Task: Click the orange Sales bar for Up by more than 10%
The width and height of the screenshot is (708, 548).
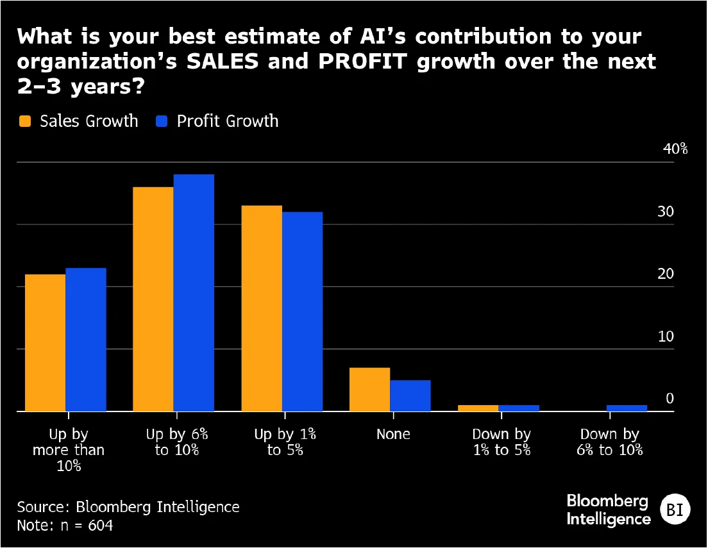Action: (x=45, y=342)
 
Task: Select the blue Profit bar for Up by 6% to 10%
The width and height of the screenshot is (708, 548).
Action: (x=194, y=292)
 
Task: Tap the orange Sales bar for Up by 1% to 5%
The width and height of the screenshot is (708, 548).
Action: (x=262, y=308)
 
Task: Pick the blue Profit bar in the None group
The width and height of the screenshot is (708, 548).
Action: (x=410, y=395)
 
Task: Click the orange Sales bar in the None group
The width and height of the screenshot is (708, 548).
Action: (x=369, y=389)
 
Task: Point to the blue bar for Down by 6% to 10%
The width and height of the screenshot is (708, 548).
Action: (x=627, y=408)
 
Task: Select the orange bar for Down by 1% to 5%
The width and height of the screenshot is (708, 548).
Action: (x=478, y=408)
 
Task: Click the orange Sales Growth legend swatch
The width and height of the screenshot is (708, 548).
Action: (x=25, y=121)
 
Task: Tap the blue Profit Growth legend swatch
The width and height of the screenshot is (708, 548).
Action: (x=162, y=121)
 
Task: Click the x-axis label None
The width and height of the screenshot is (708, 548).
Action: (x=393, y=434)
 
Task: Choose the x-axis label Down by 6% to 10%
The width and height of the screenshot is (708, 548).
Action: (x=610, y=442)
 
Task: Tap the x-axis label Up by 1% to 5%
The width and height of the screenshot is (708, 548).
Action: (x=285, y=442)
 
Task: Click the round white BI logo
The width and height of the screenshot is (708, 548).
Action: (x=674, y=510)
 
